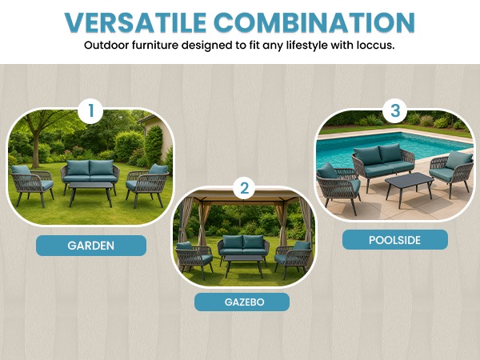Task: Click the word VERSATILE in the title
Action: [x=135, y=22]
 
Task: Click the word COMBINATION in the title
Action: [x=314, y=22]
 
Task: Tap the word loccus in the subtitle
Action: [x=375, y=46]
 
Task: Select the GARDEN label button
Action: [x=91, y=246]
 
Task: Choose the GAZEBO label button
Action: [x=242, y=302]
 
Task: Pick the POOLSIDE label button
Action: [x=395, y=240]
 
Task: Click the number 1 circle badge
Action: [x=90, y=111]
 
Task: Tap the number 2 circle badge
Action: [x=244, y=188]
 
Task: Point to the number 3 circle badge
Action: [x=395, y=110]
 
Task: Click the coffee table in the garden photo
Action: [x=90, y=193]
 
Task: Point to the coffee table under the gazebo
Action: [x=244, y=266]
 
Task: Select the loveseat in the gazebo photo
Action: [x=243, y=248]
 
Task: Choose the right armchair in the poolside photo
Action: [x=451, y=172]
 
